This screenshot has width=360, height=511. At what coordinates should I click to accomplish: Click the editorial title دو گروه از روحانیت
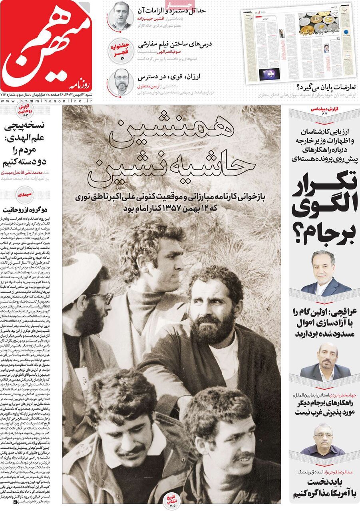tap(31, 209)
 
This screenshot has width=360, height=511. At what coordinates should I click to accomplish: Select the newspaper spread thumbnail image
tap(298, 43)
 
